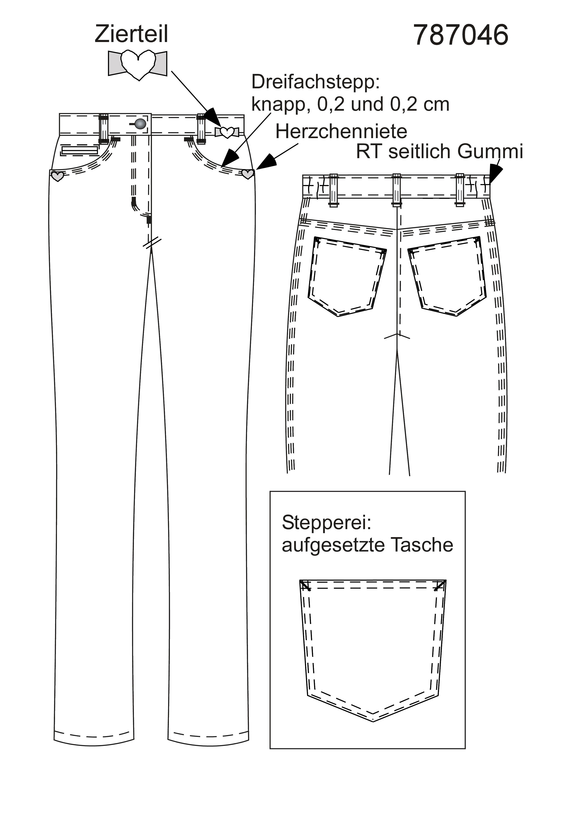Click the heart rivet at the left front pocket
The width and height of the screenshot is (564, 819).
[x=57, y=176]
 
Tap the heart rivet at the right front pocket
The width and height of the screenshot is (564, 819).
[x=248, y=174]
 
